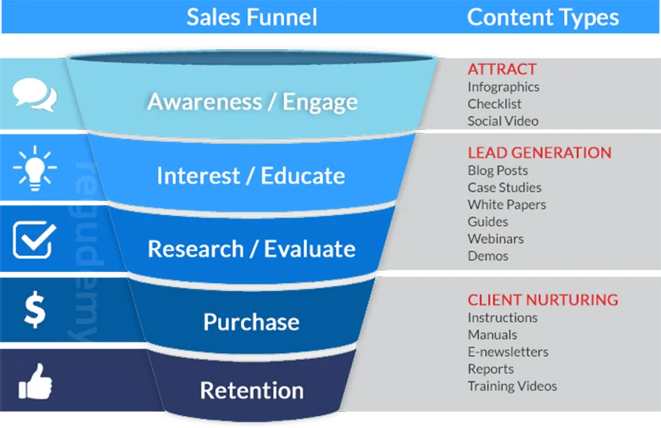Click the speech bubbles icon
pyautogui.click(x=34, y=95)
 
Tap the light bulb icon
pyautogui.click(x=34, y=167)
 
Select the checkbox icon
pyautogui.click(x=34, y=240)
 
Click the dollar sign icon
pyautogui.click(x=34, y=310)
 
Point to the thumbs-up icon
pyautogui.click(x=34, y=381)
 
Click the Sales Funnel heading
pyautogui.click(x=251, y=17)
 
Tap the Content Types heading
pyautogui.click(x=543, y=17)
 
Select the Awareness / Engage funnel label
pyautogui.click(x=252, y=101)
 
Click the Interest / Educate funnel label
pyautogui.click(x=251, y=175)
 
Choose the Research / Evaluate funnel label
pyautogui.click(x=251, y=248)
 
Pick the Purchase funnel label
pyautogui.click(x=251, y=322)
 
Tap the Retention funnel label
pyautogui.click(x=251, y=390)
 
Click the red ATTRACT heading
pyautogui.click(x=502, y=69)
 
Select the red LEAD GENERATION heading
pyautogui.click(x=539, y=153)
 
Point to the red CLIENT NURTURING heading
pyautogui.click(x=543, y=300)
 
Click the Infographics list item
pyautogui.click(x=504, y=86)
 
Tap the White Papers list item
pyautogui.click(x=506, y=205)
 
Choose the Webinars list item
pyautogui.click(x=495, y=239)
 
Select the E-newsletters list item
pyautogui.click(x=508, y=352)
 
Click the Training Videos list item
pyautogui.click(x=512, y=386)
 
